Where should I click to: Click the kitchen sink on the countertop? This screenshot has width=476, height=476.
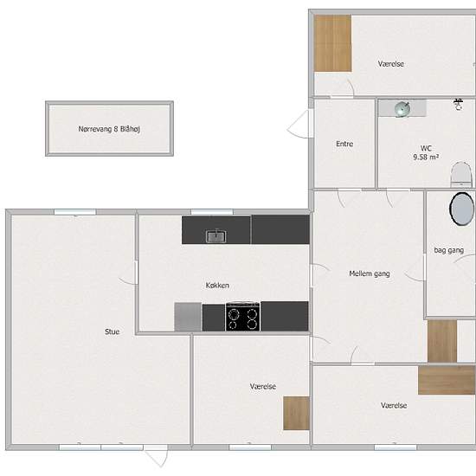(215, 236)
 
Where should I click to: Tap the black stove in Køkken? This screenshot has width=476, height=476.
(243, 316)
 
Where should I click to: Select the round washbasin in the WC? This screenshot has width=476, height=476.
(402, 109)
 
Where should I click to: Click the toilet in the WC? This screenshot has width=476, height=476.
(461, 174)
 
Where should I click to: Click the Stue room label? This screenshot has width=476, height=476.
(112, 331)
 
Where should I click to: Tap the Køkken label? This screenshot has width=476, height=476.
(217, 286)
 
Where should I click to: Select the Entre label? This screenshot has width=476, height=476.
(344, 144)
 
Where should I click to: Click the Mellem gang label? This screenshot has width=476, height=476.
(370, 273)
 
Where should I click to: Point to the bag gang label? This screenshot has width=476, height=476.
(448, 250)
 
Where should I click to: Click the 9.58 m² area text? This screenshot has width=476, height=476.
(426, 157)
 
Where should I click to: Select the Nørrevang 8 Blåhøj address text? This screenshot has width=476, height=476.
(109, 129)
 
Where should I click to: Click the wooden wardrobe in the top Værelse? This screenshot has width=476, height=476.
(332, 43)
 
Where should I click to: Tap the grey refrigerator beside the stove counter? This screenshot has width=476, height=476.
(188, 317)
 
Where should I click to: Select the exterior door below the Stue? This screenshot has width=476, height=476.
(156, 455)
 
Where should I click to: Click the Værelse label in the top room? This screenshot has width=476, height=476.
(390, 64)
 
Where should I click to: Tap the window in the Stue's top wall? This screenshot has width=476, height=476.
(75, 212)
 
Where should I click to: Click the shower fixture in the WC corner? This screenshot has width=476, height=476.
(458, 104)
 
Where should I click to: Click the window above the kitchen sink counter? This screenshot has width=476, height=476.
(212, 212)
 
